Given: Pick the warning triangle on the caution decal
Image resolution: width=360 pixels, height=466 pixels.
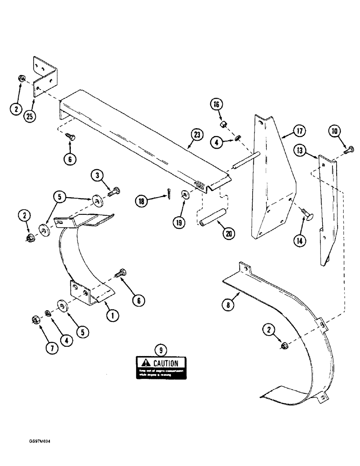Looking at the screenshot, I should (x=145, y=363).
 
